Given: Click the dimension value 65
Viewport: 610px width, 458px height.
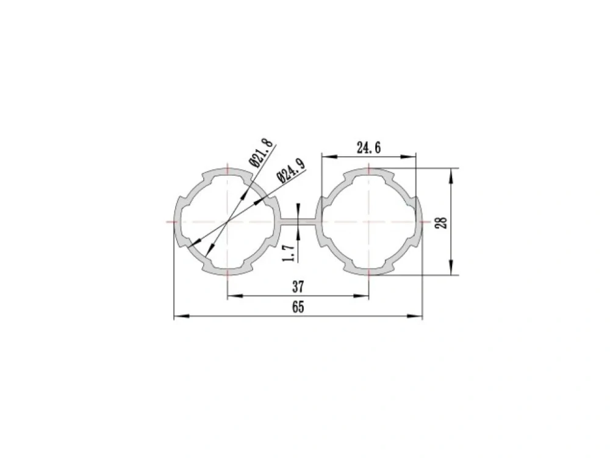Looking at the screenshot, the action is click(298, 307).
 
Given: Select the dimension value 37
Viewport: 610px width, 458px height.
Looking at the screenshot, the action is click(298, 286).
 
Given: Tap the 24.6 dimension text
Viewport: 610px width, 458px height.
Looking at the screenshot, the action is click(369, 148).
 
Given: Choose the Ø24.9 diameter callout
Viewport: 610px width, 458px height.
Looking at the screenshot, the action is click(290, 170).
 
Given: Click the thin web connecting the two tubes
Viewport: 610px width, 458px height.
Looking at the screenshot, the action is click(300, 222).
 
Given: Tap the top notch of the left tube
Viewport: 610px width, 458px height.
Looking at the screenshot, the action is click(228, 173).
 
